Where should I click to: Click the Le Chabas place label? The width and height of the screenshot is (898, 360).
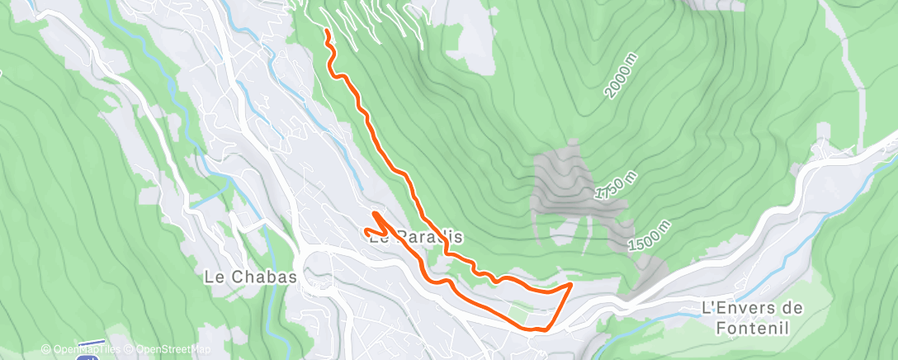(x=249, y=277)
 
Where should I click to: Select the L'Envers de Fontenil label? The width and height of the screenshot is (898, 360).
(x=751, y=316)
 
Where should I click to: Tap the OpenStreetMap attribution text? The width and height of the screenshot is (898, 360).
(x=168, y=348)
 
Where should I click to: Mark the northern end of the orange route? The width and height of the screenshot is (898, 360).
(x=328, y=31)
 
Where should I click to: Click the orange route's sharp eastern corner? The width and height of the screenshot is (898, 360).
(x=571, y=285)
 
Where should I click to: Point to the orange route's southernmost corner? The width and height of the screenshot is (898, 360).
(x=536, y=329)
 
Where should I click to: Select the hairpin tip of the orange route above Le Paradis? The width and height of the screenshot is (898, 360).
(x=376, y=214)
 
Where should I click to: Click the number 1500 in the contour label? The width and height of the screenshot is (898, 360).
(x=643, y=239)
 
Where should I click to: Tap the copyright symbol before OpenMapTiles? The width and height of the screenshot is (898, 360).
(x=45, y=348)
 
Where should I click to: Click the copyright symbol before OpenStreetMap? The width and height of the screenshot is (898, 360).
(x=130, y=348)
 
